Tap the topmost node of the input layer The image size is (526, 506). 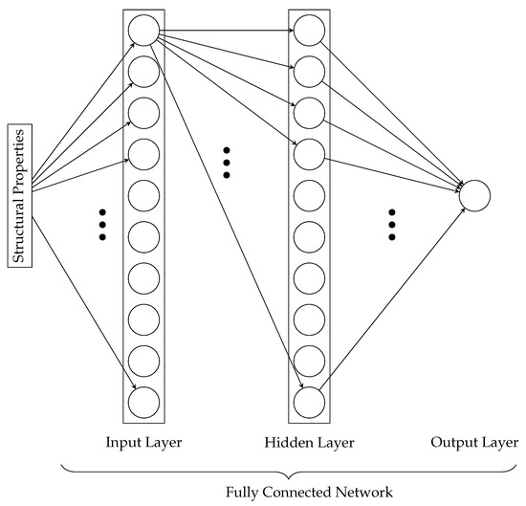141,31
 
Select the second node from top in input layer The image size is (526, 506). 141,72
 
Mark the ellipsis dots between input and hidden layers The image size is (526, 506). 226,163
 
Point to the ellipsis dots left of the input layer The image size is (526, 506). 102,223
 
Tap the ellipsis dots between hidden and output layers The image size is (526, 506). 392,223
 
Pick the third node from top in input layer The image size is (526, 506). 141,113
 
